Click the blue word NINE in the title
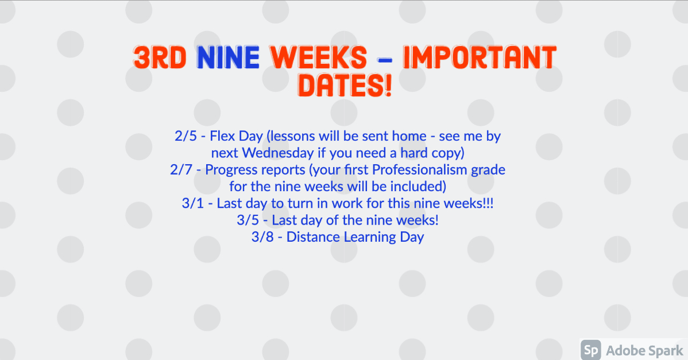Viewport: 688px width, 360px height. point(228,57)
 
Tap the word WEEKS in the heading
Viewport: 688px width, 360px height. point(319,57)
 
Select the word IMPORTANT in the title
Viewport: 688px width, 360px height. point(480,57)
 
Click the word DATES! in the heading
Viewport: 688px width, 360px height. point(345,85)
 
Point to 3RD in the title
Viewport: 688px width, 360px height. point(160,57)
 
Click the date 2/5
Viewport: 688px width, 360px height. point(185,136)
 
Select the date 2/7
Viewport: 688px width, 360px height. point(181,170)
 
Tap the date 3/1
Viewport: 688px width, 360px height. point(192,203)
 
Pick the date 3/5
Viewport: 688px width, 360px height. point(248,220)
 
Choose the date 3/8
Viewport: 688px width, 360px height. point(262,237)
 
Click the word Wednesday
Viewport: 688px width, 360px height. point(278,153)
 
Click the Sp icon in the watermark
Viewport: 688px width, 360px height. point(591,350)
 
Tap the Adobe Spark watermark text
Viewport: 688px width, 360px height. point(644,350)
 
